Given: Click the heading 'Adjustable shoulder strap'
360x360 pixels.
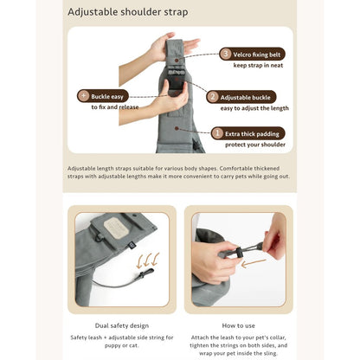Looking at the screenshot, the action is (x=128, y=12).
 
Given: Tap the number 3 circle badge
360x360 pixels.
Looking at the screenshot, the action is (x=226, y=54).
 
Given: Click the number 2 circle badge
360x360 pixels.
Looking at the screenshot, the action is (x=213, y=97).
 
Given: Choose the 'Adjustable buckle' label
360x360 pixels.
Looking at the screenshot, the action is (x=245, y=98).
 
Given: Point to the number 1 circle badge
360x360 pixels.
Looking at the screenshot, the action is (x=217, y=133).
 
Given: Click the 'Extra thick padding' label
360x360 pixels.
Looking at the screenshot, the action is (x=252, y=134).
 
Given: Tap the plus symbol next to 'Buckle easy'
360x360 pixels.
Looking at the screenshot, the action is (x=84, y=95).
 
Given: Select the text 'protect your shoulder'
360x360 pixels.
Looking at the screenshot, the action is (x=255, y=145).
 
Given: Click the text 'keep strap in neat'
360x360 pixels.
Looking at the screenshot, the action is (x=258, y=65).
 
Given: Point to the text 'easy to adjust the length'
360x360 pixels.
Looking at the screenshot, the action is (x=254, y=108).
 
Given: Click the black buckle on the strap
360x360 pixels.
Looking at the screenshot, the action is (x=176, y=80).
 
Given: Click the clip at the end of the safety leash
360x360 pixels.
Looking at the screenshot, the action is (x=146, y=273).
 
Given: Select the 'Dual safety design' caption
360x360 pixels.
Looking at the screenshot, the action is (x=122, y=325).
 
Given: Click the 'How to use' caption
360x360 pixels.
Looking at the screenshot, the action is (x=239, y=325).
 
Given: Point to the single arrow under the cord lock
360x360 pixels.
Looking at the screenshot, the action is (x=254, y=263).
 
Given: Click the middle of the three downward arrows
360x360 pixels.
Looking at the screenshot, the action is (x=147, y=260).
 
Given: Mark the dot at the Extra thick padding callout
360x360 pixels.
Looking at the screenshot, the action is (x=177, y=128).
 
